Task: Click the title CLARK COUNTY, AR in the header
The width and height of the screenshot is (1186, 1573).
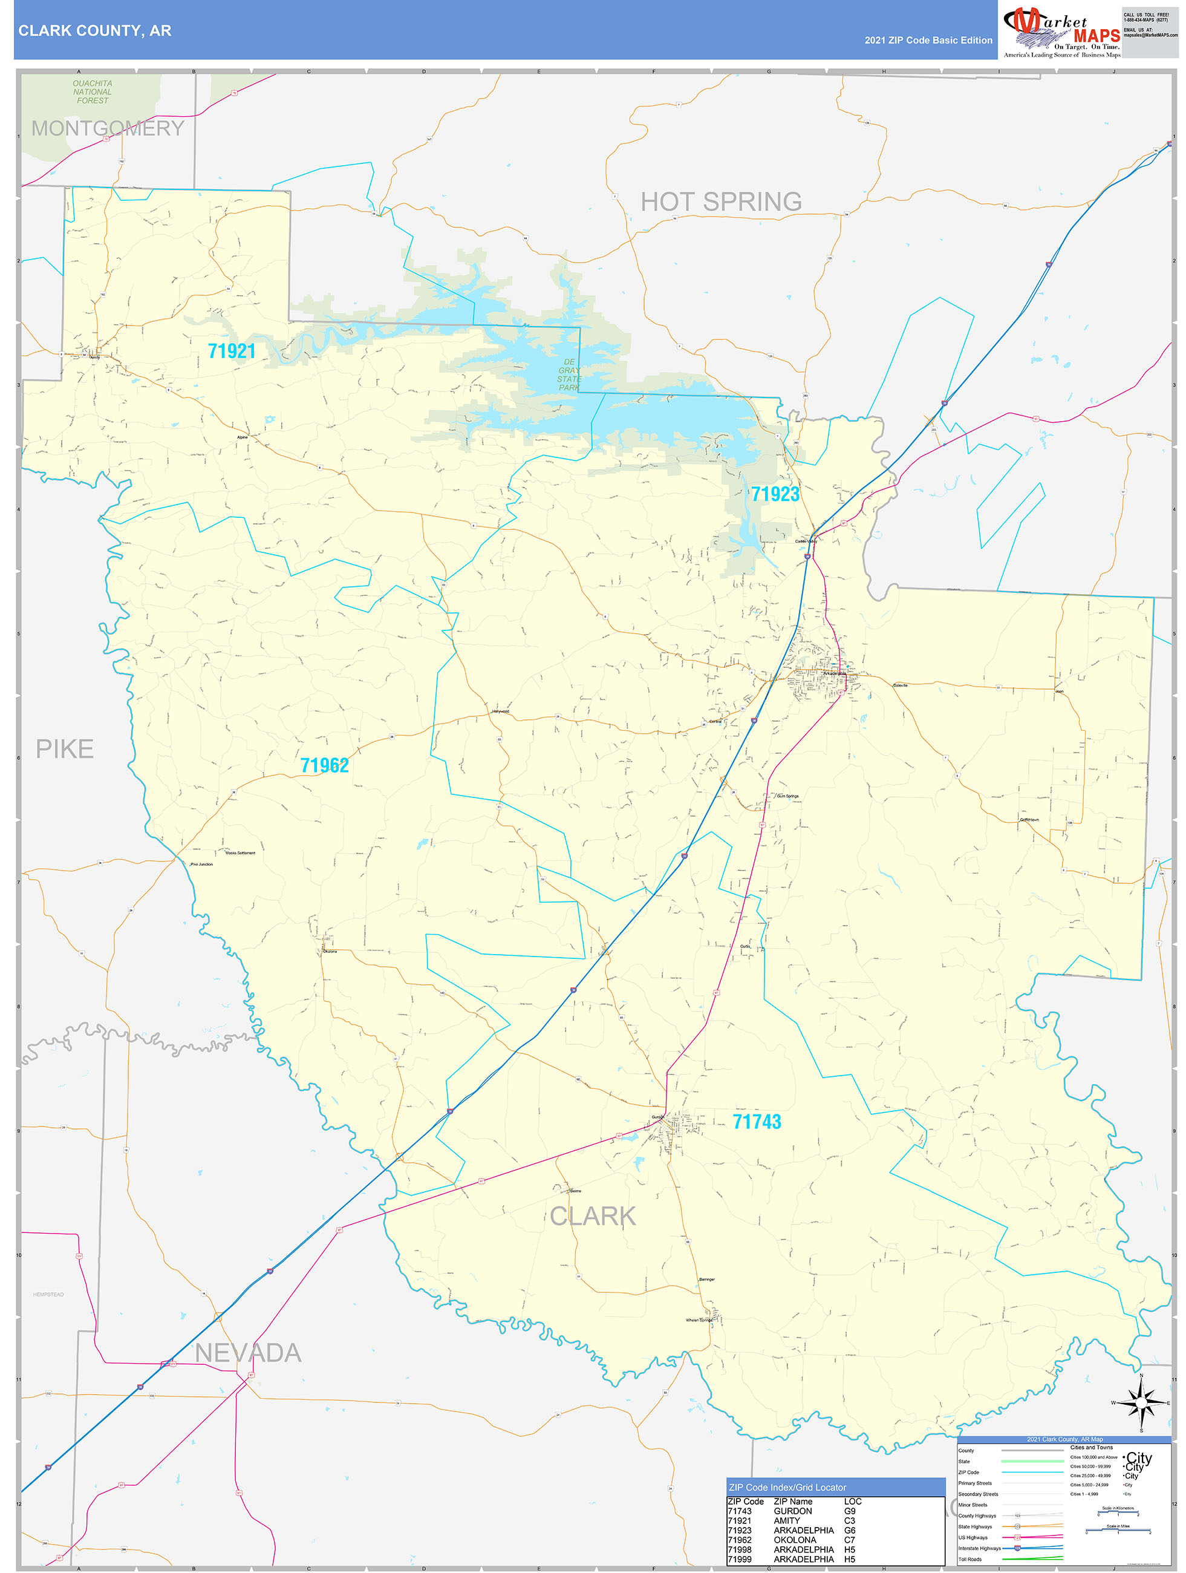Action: [x=94, y=31]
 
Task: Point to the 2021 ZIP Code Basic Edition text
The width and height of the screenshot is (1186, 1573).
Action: [x=928, y=41]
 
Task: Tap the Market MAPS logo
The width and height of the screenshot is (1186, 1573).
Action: [x=1061, y=33]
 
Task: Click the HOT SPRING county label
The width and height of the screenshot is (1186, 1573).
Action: [x=721, y=202]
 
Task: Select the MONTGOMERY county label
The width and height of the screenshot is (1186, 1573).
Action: [x=108, y=128]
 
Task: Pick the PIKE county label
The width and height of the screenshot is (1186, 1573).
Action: [x=65, y=749]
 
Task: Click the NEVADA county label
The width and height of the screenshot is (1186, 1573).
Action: [x=248, y=1353]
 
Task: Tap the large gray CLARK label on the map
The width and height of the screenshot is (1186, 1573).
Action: [x=592, y=1216]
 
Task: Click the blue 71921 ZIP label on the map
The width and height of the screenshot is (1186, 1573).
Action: [x=231, y=352]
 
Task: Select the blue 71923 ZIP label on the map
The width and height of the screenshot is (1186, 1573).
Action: [x=775, y=494]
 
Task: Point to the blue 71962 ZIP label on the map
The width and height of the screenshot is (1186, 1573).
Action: [x=324, y=765]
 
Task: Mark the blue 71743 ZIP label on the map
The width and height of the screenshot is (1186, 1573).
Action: [x=757, y=1122]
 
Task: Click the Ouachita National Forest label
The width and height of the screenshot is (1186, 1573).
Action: [x=93, y=93]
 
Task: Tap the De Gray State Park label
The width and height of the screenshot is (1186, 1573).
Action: [x=569, y=374]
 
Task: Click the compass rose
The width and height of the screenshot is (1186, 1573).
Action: [x=1141, y=1403]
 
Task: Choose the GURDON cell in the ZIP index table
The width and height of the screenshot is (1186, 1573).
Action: [x=793, y=1511]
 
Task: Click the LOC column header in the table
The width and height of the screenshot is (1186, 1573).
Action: [x=853, y=1501]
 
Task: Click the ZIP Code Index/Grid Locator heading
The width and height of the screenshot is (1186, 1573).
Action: [x=787, y=1487]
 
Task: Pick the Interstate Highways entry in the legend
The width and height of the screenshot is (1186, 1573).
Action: [x=979, y=1548]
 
